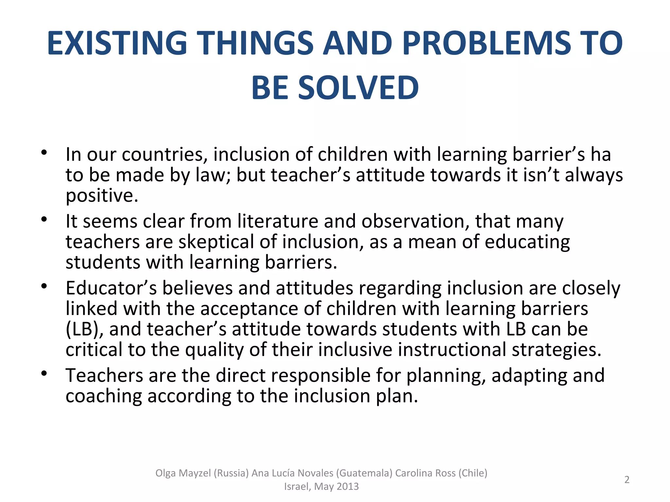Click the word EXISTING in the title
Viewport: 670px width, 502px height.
(117, 43)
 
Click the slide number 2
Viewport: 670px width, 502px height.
(627, 479)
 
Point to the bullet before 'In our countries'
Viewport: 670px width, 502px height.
(44, 153)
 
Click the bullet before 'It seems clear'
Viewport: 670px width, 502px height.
(44, 219)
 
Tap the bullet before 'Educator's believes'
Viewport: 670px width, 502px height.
(44, 286)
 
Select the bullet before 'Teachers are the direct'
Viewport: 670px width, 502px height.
(44, 373)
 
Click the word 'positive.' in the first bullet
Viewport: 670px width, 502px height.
(102, 196)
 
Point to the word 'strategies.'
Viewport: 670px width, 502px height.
(556, 350)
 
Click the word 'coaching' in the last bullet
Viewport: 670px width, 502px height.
(104, 396)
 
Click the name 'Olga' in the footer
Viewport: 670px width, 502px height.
(166, 473)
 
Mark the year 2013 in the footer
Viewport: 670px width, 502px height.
(347, 487)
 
